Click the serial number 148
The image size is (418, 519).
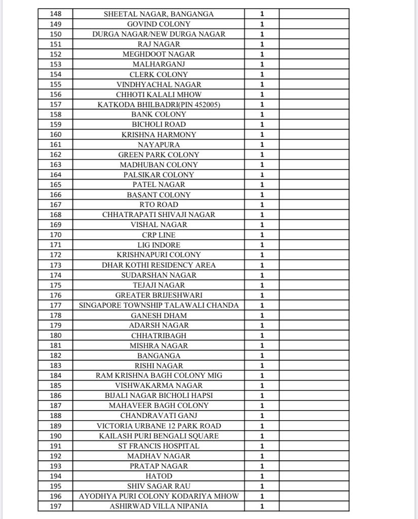click(55, 14)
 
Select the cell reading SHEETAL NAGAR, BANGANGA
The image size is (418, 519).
click(159, 14)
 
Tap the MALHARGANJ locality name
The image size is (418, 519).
click(159, 64)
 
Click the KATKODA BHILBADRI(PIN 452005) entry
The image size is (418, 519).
click(159, 104)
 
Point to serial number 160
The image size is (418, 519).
click(55, 135)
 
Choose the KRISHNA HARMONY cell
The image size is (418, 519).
click(159, 135)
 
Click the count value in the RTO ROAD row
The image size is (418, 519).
click(262, 205)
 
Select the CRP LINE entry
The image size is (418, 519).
click(159, 235)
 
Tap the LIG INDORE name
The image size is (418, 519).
click(159, 245)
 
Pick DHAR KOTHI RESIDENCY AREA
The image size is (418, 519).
click(159, 265)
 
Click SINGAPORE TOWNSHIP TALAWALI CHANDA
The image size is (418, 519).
click(159, 305)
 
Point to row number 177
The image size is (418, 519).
click(55, 305)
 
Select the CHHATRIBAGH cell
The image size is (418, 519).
click(159, 336)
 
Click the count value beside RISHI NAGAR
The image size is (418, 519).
click(262, 365)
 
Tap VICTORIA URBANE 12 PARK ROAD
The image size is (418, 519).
click(159, 426)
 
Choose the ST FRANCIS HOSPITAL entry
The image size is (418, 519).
click(159, 446)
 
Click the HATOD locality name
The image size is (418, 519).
click(159, 476)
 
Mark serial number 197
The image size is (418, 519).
click(55, 506)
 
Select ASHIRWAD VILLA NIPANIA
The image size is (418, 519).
click(159, 506)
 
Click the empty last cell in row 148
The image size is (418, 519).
click(314, 14)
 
